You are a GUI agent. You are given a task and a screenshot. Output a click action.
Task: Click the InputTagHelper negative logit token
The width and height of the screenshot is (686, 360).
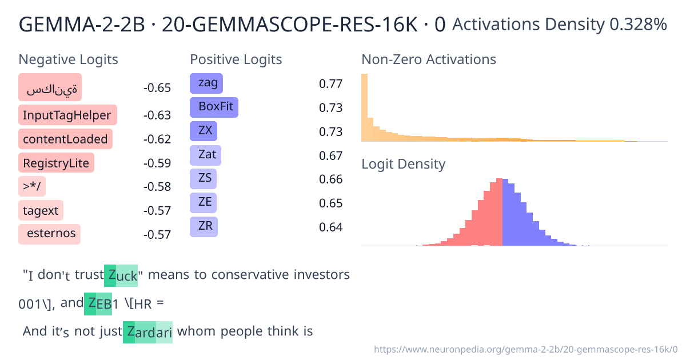67,115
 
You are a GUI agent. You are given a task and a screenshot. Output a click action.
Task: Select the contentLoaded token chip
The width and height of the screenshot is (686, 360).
65,139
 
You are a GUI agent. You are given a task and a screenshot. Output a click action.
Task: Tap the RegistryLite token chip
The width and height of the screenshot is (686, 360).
56,163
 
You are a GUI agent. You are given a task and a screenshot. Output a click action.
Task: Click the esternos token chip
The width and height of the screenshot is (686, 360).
50,234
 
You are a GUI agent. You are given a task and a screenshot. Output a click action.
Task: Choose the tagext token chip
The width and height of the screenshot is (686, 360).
41,210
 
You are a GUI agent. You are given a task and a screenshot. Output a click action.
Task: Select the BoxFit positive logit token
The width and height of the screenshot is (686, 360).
214,107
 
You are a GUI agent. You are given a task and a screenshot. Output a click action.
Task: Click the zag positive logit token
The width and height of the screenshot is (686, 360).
206,83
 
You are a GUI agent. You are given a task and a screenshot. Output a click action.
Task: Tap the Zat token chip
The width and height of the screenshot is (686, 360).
205,155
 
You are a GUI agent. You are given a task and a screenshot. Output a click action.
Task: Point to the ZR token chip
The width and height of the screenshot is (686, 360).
204,226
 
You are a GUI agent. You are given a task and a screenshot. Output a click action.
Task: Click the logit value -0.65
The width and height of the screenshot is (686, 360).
157,88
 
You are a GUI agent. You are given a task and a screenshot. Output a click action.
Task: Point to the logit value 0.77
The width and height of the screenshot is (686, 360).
330,84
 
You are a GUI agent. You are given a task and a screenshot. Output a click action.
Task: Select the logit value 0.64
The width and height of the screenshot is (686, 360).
330,227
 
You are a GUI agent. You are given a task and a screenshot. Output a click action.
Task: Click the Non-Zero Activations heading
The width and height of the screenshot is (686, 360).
428,59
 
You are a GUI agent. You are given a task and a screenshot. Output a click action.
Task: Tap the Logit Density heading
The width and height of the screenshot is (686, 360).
403,164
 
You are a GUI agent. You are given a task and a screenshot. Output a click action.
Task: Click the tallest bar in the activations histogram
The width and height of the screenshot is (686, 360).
364,107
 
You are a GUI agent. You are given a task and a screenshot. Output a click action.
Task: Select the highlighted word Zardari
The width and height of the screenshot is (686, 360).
147,331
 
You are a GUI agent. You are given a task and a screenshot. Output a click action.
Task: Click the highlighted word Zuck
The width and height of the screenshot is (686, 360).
121,275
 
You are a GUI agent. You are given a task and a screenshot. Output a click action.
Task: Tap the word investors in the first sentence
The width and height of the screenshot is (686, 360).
322,275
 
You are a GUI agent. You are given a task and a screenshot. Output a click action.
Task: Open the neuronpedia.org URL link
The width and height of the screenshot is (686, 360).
525,349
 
